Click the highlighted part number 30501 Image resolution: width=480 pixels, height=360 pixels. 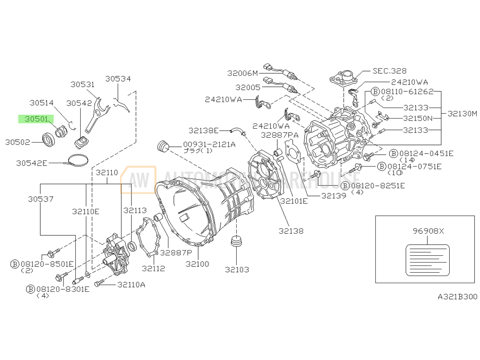click(36, 119)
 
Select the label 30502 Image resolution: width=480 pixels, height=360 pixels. click(18, 142)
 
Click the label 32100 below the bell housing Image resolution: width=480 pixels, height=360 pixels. click(198, 264)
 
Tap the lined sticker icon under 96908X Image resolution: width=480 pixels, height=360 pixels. click(428, 260)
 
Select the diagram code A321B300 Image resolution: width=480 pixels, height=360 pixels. click(457, 297)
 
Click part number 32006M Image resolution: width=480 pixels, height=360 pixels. click(242, 73)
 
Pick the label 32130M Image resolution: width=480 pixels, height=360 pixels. click(462, 114)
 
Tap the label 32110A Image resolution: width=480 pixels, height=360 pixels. click(131, 285)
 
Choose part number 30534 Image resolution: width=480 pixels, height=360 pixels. click(118, 78)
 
